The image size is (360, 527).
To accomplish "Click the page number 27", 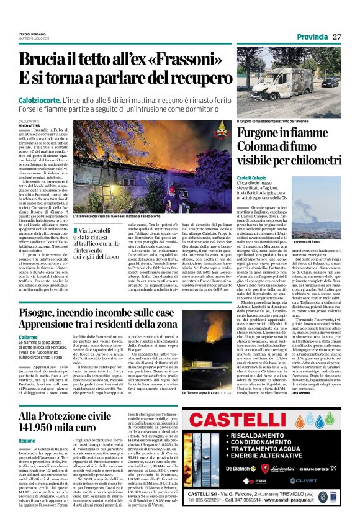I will [x=336, y=37].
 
